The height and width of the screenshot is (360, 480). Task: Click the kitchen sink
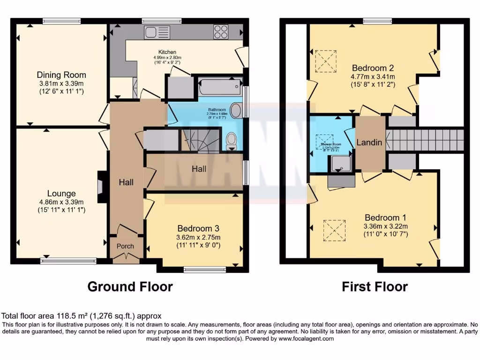[157, 32]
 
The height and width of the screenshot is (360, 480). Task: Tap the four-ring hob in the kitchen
[221, 32]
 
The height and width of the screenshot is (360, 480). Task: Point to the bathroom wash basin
[237, 111]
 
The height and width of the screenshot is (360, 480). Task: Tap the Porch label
[125, 246]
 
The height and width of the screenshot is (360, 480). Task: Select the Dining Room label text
[61, 75]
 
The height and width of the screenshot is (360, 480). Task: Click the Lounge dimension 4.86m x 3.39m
[61, 202]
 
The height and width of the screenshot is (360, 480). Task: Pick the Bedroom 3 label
[195, 228]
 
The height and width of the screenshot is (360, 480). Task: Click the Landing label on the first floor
[369, 142]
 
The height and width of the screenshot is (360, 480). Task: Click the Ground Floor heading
[130, 286]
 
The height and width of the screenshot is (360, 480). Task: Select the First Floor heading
[375, 286]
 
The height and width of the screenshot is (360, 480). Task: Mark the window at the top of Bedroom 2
[377, 21]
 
